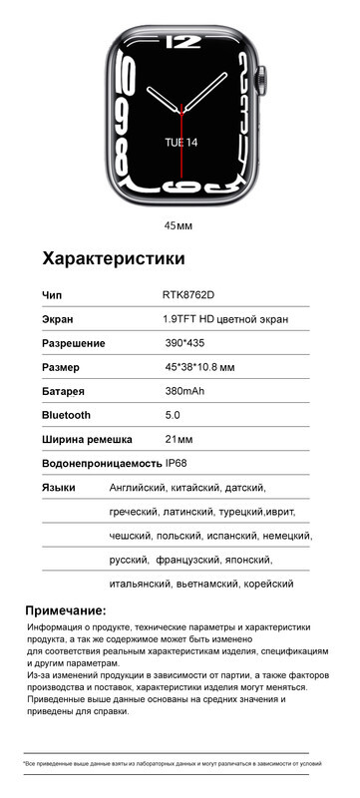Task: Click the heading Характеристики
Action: [x=113, y=259]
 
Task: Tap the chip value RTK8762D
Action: [x=187, y=295]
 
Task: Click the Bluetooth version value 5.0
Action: [x=173, y=414]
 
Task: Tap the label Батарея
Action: [x=63, y=391]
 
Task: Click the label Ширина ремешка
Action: [x=91, y=439]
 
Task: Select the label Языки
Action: [x=59, y=487]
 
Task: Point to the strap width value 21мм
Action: [x=179, y=439]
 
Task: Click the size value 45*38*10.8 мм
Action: [x=199, y=367]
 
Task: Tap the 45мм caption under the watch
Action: [x=179, y=225]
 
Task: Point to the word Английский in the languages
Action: [x=142, y=488]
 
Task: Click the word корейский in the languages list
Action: [x=270, y=584]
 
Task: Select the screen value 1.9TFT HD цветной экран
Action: [x=225, y=319]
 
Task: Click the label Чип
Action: [x=52, y=295]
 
